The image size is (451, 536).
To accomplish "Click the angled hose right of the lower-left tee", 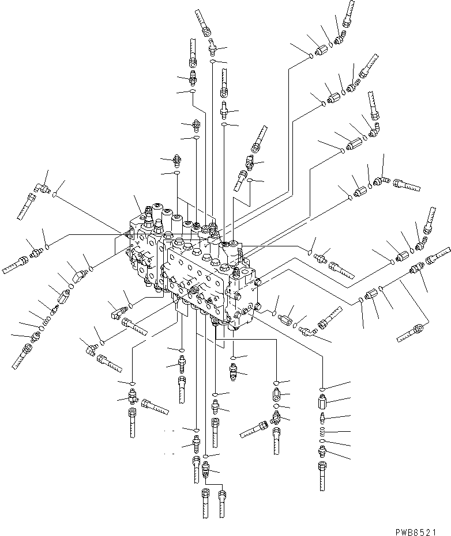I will click(x=155, y=407).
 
